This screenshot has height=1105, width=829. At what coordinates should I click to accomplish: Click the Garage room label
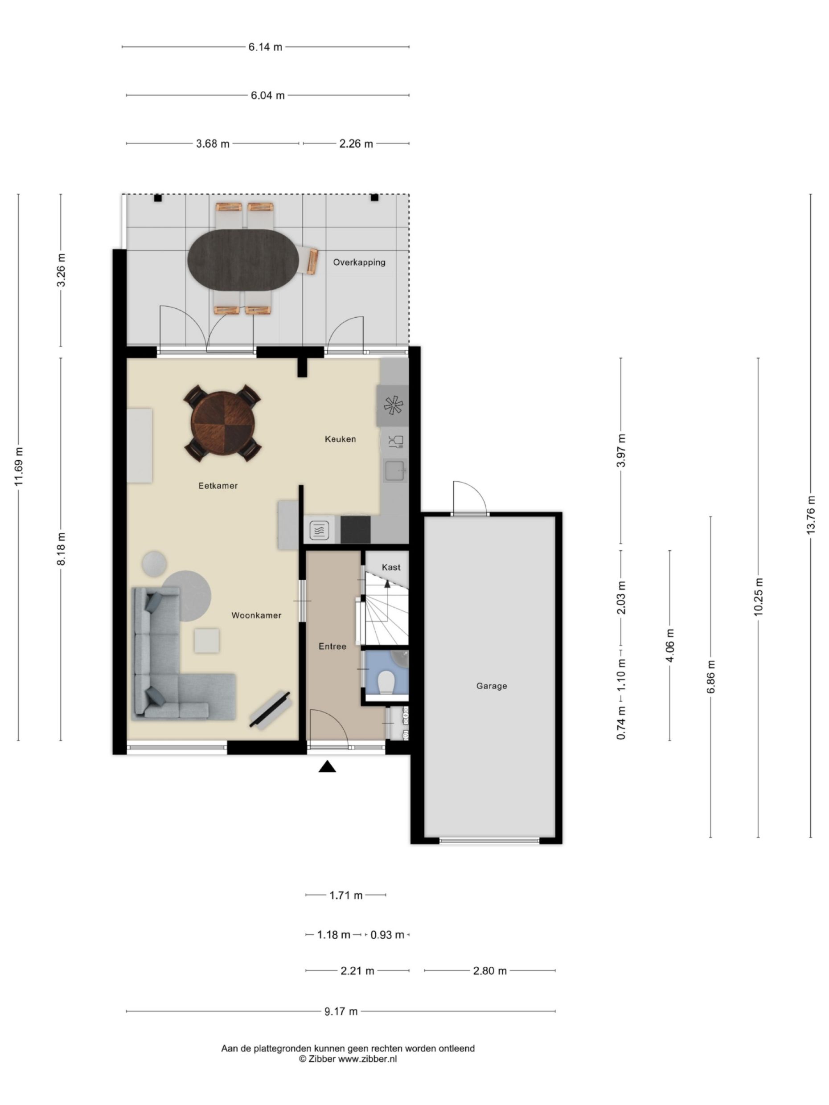[x=491, y=686]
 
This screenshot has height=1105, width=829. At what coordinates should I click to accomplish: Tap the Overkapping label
[x=359, y=262]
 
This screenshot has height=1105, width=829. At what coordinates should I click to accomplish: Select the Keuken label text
[x=341, y=439]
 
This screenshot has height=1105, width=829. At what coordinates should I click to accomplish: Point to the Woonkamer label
[x=256, y=615]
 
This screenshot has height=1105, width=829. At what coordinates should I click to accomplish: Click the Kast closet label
[x=391, y=567]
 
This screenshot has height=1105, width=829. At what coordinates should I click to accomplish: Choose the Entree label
[x=332, y=647]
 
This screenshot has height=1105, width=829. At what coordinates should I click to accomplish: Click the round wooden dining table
[x=222, y=422]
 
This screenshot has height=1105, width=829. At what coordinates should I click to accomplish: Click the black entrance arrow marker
[x=327, y=766]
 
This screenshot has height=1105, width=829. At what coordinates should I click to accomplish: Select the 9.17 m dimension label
[x=341, y=1011]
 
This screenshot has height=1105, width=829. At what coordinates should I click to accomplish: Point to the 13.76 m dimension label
[x=811, y=515]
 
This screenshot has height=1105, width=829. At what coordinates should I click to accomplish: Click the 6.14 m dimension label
[x=265, y=47]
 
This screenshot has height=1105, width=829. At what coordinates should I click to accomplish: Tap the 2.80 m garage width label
[x=490, y=970]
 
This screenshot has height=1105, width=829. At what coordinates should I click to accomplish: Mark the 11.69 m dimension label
[x=18, y=467]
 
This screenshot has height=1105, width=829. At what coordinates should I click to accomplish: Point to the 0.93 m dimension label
[x=387, y=935]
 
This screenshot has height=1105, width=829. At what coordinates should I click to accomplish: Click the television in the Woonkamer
[x=271, y=710]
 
